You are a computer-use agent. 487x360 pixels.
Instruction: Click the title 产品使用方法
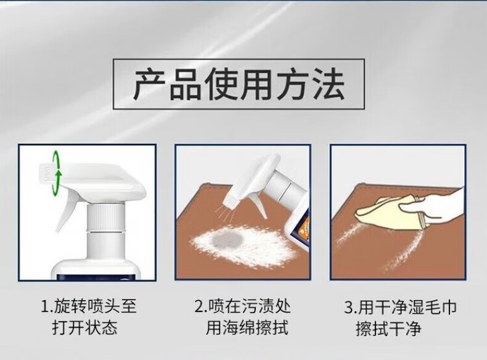pos(239,84)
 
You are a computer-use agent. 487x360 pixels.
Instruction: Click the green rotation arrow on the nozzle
pos(56,173)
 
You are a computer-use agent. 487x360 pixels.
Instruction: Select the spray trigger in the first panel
pos(66,208)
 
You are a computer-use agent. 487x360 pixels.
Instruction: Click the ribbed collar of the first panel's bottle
pos(105,218)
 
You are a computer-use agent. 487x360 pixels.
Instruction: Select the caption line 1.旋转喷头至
pos(89,306)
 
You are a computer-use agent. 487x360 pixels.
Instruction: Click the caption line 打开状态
pos(84,328)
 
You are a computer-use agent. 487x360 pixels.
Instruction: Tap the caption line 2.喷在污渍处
pos(242,306)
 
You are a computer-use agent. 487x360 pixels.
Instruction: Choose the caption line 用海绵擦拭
pos(247,328)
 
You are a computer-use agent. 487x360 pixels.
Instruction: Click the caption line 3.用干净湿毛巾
pos(400,307)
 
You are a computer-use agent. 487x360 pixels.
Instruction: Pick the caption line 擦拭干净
pos(388,329)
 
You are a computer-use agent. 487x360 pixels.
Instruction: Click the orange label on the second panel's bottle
pos(304,225)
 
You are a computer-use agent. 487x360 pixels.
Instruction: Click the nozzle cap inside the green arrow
pos(46,173)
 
